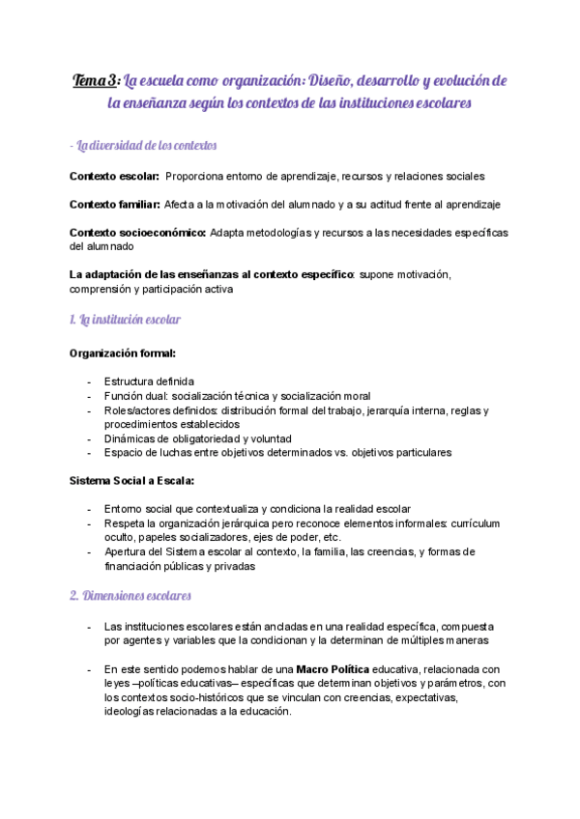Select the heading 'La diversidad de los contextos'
click(x=144, y=146)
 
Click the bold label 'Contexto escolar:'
click(x=113, y=177)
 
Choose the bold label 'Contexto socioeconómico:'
click(x=137, y=233)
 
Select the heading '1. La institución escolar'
click(x=125, y=320)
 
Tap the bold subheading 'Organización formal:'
click(x=123, y=353)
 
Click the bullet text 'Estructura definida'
click(x=149, y=381)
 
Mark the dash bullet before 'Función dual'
click(x=89, y=396)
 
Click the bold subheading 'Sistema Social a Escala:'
click(x=131, y=480)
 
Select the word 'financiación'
click(x=135, y=567)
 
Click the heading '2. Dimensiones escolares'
click(x=130, y=596)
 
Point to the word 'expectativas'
click(x=420, y=697)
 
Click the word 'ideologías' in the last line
click(x=133, y=712)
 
